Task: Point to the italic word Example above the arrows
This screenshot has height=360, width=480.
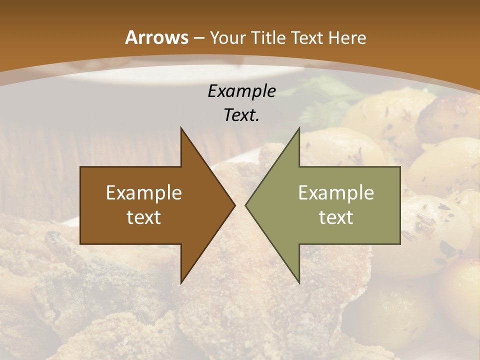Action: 241,91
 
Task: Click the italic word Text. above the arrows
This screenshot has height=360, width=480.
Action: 241,115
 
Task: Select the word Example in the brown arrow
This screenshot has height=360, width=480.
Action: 144,192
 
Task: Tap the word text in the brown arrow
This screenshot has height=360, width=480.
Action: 144,217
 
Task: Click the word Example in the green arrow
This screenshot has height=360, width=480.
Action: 336,192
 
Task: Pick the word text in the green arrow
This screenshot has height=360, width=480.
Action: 336,217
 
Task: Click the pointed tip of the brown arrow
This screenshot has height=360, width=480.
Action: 234,205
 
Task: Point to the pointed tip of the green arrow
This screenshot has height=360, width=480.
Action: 245,205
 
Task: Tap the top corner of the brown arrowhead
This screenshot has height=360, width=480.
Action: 181,128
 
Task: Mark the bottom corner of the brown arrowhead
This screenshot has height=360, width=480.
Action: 181,283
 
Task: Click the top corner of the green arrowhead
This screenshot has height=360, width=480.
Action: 299,128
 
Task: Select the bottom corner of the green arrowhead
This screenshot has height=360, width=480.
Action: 299,283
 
